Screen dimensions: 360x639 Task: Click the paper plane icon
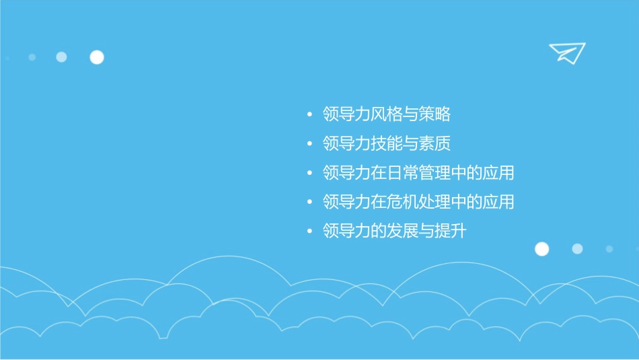point(566,52)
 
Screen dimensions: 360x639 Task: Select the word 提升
point(450,231)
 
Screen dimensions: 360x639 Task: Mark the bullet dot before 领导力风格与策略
point(309,115)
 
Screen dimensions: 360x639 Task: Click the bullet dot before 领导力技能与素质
point(309,145)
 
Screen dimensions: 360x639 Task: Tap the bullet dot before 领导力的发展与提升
point(309,232)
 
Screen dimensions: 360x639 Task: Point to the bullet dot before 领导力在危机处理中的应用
point(309,203)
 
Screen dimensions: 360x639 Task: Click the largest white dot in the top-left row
point(97,57)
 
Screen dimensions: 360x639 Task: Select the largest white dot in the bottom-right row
point(541,249)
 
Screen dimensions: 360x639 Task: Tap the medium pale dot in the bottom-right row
point(577,249)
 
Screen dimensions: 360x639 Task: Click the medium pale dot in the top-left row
point(61,57)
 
